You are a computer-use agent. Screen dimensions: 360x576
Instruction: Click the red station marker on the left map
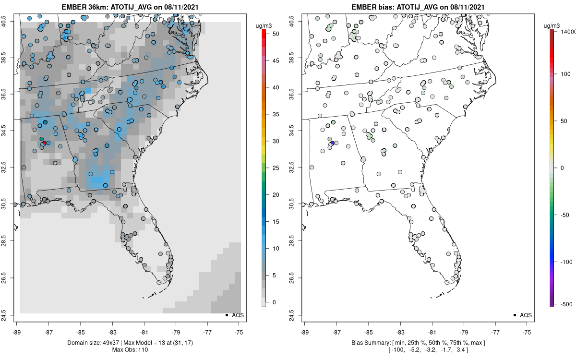click(44, 143)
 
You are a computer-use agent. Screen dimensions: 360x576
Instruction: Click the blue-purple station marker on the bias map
click(332, 144)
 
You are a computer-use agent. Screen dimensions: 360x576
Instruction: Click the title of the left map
click(130, 7)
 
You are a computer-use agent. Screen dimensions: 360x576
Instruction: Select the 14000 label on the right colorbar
click(568, 32)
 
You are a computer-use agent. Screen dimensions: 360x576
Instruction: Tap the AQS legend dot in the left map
click(227, 315)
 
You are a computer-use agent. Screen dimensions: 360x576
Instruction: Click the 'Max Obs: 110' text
click(130, 349)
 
